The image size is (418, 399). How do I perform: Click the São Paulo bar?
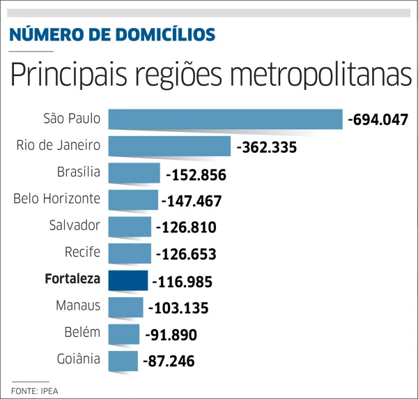coord(225,119)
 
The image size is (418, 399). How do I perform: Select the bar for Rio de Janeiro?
coord(169,146)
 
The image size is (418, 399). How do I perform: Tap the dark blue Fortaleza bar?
coord(127,280)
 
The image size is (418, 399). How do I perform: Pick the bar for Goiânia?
coord(123,361)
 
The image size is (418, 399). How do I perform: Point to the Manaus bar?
coord(125,307)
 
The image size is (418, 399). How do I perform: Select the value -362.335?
coord(267,147)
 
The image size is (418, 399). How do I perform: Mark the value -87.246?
coord(168,361)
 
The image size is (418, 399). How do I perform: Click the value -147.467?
coord(191,202)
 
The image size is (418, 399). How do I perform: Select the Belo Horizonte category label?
coord(57,199)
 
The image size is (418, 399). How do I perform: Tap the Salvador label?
coord(75,225)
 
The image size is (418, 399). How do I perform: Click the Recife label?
coord(84,252)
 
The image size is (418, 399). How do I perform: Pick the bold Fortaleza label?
coord(72,280)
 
